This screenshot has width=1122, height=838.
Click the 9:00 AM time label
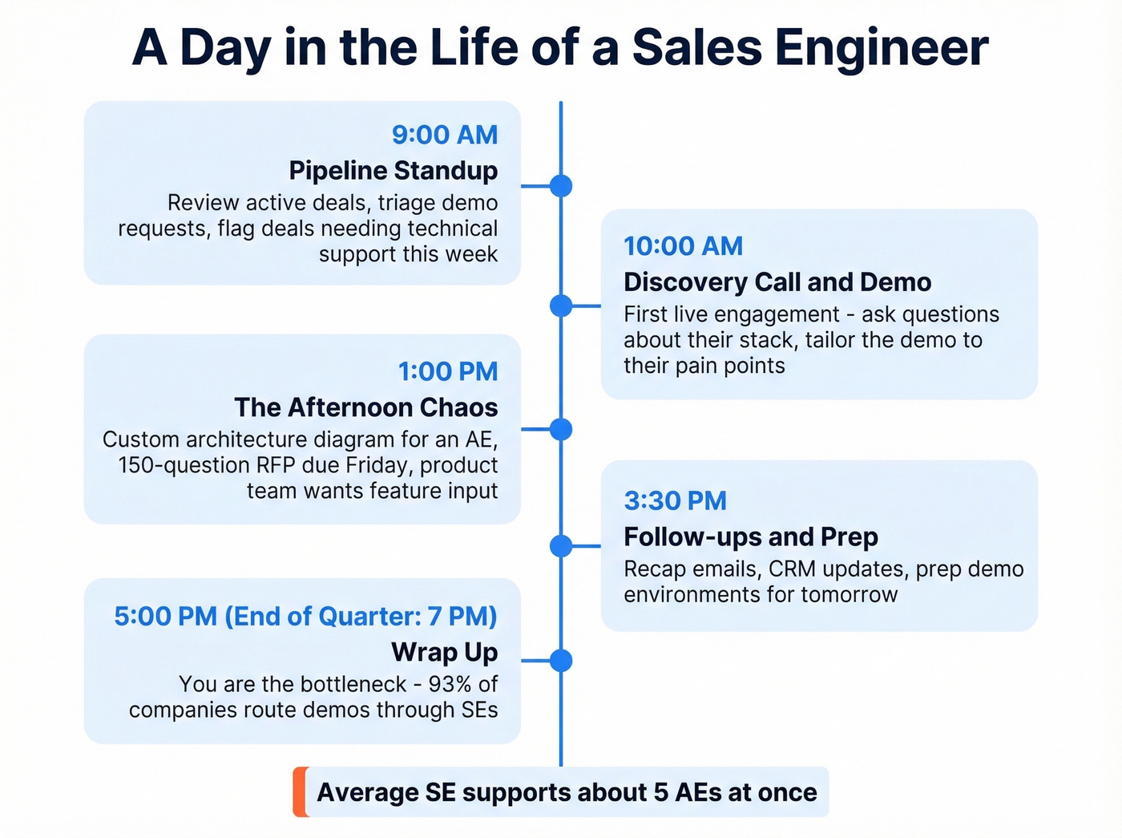click(445, 135)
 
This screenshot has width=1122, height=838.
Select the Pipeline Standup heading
click(393, 171)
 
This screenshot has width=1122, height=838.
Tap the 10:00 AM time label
click(683, 246)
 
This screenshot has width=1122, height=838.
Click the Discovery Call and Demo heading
click(777, 282)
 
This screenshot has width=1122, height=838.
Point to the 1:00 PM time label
click(448, 371)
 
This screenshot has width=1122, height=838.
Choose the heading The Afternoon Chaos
click(365, 407)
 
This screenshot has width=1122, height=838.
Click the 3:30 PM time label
click(675, 500)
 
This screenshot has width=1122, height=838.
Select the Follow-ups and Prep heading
click(750, 536)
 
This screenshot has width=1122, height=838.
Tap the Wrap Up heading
click(444, 652)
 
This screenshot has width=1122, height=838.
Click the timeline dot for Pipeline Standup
click(561, 186)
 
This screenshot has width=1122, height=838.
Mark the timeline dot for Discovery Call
click(561, 306)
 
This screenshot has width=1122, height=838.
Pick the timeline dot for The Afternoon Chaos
click(561, 429)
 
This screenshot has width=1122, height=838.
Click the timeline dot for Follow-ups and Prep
click(561, 546)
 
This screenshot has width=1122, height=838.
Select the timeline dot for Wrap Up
click(561, 661)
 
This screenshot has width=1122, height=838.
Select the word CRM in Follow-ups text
click(792, 569)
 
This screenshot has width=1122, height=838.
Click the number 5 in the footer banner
click(660, 792)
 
